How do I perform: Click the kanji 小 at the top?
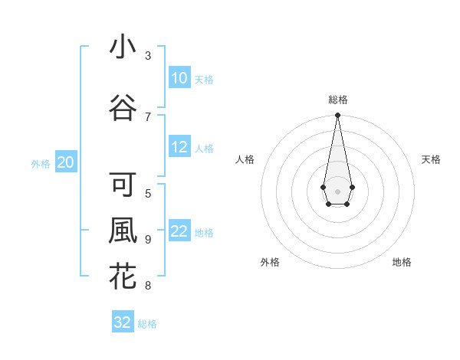(123, 47)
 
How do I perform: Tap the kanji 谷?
(123, 109)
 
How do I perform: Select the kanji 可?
(123, 186)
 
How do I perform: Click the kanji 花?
(123, 277)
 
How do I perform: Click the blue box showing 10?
(179, 78)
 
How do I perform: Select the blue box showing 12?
(179, 147)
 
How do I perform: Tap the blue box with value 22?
(179, 232)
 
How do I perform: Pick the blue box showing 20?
(65, 162)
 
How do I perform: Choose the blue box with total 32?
(123, 322)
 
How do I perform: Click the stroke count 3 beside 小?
(148, 56)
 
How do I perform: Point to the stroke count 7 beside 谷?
(148, 116)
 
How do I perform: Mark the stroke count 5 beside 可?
(148, 193)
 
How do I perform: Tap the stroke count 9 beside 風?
(148, 239)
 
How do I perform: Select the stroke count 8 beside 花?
(148, 286)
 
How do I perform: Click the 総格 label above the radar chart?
(337, 100)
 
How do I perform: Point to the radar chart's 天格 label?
(431, 159)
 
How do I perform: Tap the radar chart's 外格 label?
(270, 262)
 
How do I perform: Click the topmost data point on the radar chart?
(337, 116)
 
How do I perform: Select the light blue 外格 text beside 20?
(41, 163)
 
